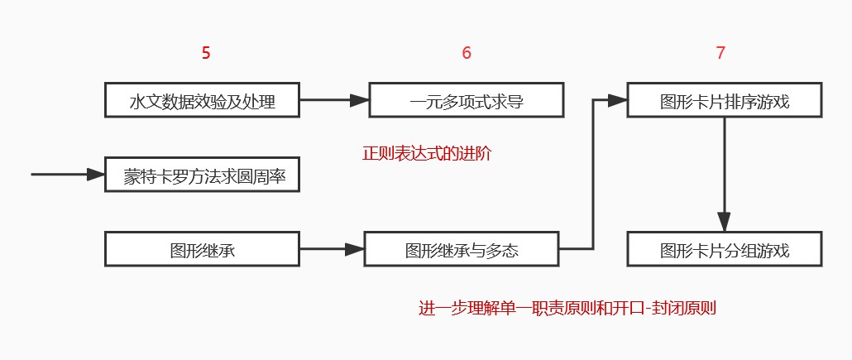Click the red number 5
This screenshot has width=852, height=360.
coord(206,53)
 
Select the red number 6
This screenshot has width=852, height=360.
coord(467,53)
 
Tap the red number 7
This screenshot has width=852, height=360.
coord(721,53)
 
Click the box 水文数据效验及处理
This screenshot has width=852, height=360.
coord(202,100)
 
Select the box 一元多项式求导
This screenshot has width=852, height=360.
coord(467,100)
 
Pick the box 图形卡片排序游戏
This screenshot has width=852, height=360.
coord(725,100)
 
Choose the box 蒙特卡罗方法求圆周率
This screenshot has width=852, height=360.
coord(202,175)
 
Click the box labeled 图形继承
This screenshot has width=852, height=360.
coord(202,249)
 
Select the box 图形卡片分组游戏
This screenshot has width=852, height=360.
coord(725,249)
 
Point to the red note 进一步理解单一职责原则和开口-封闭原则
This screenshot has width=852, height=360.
coord(567,309)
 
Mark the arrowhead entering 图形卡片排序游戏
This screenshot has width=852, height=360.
coord(617,100)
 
